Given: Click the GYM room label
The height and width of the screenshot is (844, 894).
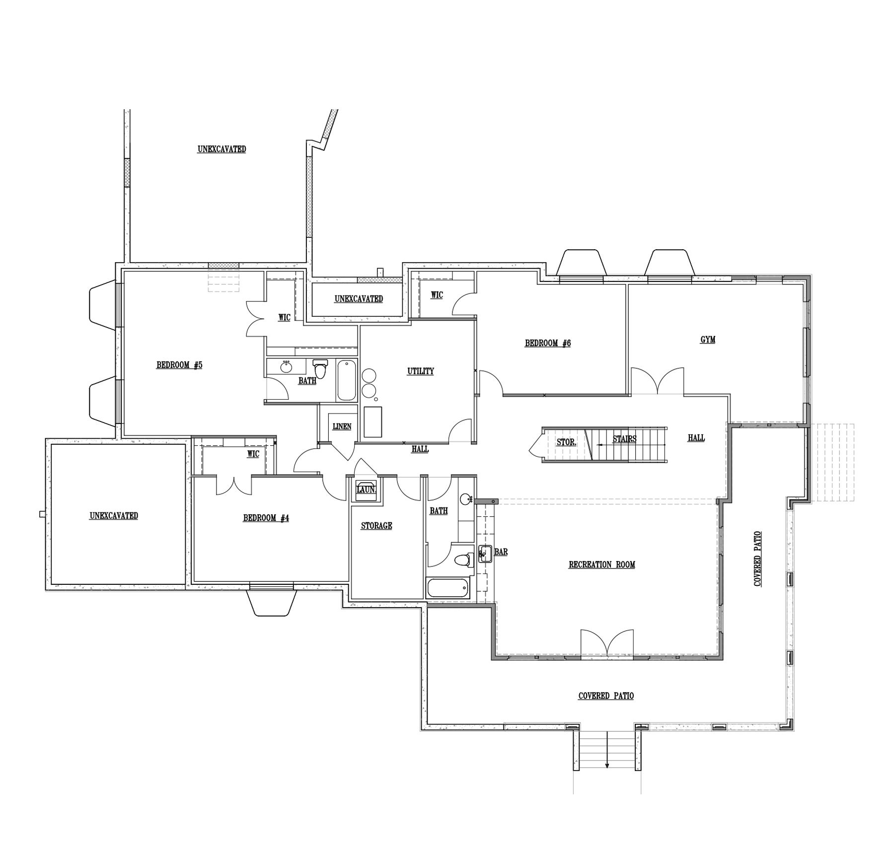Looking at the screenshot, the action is click(708, 340).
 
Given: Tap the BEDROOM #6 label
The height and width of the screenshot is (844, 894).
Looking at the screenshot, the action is click(548, 343).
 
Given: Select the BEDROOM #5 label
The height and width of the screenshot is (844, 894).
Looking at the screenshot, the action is click(179, 365).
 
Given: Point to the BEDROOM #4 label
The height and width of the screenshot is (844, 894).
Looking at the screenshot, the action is click(266, 518).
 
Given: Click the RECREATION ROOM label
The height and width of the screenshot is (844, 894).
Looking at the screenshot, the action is click(602, 564).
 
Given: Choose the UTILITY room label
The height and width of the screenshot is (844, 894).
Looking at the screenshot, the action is click(421, 371).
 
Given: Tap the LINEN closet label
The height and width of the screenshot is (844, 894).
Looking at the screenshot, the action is click(342, 426).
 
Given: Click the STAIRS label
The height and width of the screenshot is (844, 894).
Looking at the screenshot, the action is click(624, 439).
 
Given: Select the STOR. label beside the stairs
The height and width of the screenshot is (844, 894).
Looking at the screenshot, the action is click(566, 442).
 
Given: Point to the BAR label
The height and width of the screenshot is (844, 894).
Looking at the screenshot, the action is click(501, 552).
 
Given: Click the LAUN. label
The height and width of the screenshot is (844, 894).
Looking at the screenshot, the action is click(367, 490).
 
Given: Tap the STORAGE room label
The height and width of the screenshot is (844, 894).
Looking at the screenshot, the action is click(376, 526).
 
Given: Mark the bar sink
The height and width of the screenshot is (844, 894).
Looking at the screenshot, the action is click(485, 554).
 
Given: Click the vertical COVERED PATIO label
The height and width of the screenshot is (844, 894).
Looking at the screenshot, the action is click(758, 559).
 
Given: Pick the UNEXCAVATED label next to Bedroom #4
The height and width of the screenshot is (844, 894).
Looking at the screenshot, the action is click(114, 516).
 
